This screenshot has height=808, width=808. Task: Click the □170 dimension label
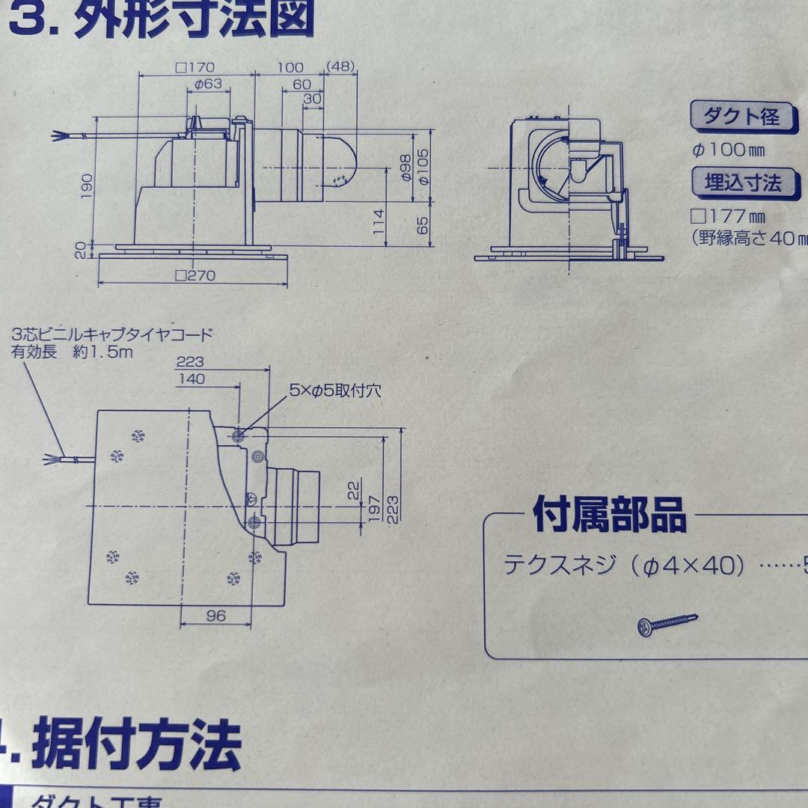[195, 67]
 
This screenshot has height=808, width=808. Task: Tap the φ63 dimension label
[208, 84]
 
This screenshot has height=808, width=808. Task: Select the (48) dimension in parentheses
[340, 67]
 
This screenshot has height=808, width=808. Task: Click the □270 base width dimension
[195, 275]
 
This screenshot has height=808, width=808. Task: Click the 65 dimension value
[424, 225]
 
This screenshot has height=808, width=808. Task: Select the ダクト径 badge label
[741, 117]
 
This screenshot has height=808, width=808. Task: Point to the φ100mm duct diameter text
[729, 150]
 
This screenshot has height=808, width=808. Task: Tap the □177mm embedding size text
[729, 216]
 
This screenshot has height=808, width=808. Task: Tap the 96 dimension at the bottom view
[215, 616]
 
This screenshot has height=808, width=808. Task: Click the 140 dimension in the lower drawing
[192, 379]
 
